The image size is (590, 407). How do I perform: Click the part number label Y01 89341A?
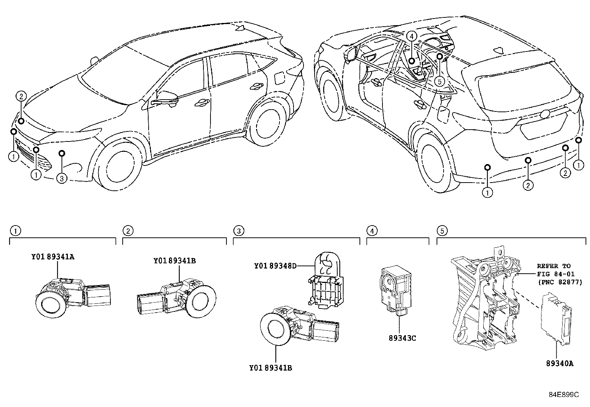(x=52, y=257)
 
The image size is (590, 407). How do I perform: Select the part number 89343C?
(x=402, y=338)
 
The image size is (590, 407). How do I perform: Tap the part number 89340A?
(x=559, y=363)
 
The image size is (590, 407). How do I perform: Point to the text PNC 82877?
(x=560, y=282)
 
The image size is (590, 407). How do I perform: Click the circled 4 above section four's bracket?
(x=372, y=231)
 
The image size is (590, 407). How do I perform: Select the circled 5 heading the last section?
(x=442, y=231)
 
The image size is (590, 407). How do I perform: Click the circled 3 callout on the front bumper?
(x=62, y=179)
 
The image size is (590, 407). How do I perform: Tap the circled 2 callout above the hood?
(x=21, y=97)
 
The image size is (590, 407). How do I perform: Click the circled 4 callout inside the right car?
(x=411, y=36)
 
